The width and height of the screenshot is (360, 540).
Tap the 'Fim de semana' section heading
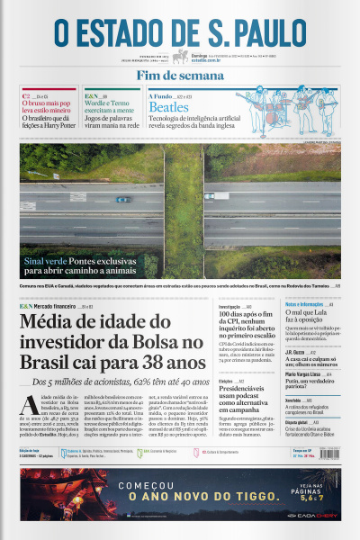[180, 76]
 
